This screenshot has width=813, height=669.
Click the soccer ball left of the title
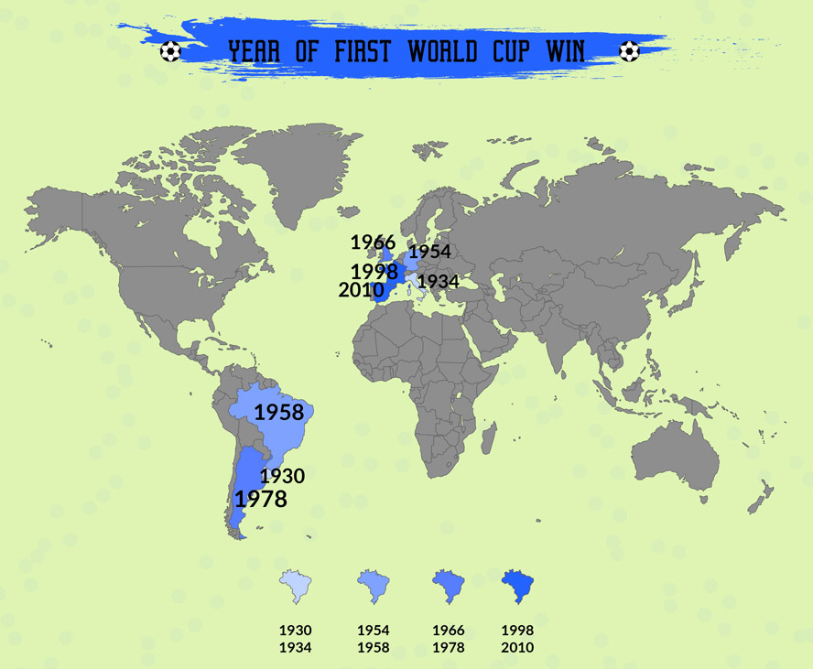(x=170, y=51)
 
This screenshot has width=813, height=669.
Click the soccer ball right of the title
(x=629, y=51)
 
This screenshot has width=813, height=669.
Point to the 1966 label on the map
(x=373, y=243)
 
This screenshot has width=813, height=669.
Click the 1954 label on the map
(x=429, y=252)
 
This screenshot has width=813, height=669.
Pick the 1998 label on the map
(x=374, y=272)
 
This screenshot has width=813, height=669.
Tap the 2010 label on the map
(x=361, y=291)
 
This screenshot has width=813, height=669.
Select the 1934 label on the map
(x=438, y=282)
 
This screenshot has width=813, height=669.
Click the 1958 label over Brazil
(x=279, y=413)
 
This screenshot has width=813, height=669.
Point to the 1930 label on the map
(x=282, y=477)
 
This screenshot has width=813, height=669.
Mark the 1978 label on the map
(x=261, y=500)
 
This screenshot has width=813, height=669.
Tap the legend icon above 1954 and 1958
(x=373, y=586)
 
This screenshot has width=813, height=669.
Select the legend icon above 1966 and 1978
(x=448, y=586)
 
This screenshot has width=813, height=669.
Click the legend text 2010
(x=517, y=648)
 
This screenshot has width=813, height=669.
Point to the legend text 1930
(x=296, y=631)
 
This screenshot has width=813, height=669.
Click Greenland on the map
(x=293, y=174)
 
